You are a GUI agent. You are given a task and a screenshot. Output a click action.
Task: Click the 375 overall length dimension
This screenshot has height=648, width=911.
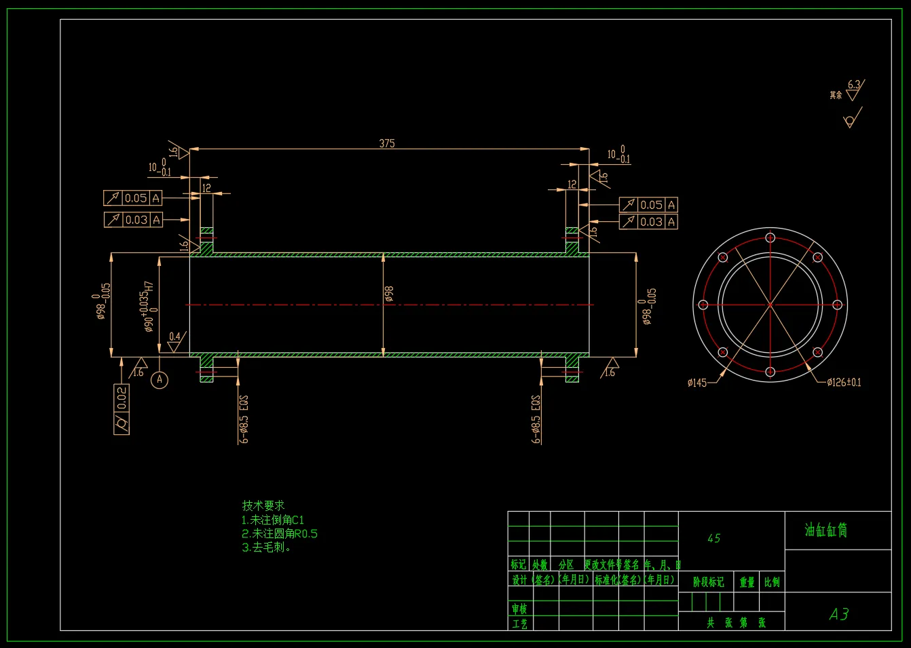pos(386,143)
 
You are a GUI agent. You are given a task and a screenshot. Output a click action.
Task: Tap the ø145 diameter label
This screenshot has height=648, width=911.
pos(696,383)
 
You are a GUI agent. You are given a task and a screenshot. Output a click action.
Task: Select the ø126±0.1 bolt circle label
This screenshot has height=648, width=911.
pos(844,383)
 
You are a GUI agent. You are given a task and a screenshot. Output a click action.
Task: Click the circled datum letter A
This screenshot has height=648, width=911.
pos(160,379)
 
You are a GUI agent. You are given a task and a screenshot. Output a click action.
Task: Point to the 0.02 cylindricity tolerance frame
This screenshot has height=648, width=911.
pos(122,409)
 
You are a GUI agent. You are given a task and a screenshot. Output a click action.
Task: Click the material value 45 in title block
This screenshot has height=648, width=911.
pos(713,539)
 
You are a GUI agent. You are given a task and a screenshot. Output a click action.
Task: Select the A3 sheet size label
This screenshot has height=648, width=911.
pos(839,614)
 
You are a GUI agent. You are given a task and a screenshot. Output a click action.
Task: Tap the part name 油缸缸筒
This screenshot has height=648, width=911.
pos(826,530)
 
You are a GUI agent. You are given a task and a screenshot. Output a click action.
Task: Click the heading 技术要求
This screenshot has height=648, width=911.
pos(263,506)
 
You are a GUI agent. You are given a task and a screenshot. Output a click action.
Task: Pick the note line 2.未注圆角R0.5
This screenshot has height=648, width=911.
pos(280,534)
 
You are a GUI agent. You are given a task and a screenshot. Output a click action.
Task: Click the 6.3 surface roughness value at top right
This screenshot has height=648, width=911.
pos(853,85)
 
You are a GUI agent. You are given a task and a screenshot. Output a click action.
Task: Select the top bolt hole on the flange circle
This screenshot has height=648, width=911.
pos(770,237)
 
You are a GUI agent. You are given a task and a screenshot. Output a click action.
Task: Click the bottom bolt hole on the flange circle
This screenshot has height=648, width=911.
pos(770,371)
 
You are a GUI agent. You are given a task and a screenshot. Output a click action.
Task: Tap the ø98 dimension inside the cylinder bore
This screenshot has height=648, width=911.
pos(389,294)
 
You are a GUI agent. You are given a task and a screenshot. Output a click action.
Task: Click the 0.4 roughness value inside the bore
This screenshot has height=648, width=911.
pos(174,337)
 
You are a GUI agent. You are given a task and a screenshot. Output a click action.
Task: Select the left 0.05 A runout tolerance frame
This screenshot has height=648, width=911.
pos(133,198)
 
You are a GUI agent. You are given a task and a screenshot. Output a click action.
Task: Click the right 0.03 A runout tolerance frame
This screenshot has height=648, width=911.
pos(648,222)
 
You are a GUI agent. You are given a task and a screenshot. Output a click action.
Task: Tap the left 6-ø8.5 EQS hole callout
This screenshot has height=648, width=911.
pos(244,419)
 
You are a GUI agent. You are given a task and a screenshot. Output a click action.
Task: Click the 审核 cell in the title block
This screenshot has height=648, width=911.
pos(519,609)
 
